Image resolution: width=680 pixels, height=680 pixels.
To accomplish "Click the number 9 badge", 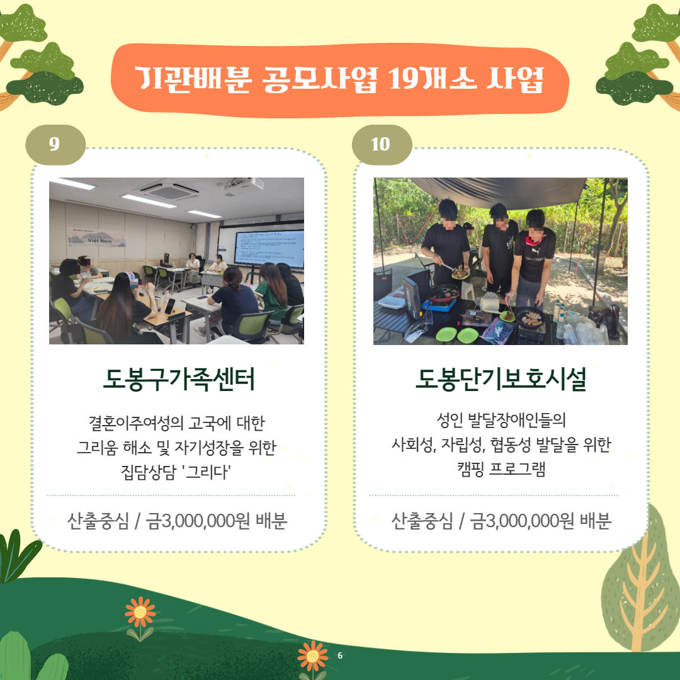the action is tap(55, 144).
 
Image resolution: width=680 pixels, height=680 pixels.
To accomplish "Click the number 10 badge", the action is tap(382, 144).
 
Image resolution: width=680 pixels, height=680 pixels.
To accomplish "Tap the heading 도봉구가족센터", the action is tap(178, 379).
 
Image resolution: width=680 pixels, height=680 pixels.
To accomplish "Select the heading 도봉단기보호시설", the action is tap(501, 379).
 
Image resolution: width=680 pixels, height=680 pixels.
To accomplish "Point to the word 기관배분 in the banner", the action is tap(193, 79).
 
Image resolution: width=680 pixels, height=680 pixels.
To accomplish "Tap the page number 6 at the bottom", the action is tap(340, 655).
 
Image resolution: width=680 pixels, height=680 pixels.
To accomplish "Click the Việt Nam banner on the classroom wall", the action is tap(97, 237).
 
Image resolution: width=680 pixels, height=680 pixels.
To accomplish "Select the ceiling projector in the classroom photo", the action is tap(244, 185).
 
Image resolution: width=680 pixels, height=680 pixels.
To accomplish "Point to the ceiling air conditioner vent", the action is tap(170, 191).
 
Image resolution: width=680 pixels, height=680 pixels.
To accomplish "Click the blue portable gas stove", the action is tap(439, 303).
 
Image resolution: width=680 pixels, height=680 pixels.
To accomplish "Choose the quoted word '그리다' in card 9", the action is tap(207, 472).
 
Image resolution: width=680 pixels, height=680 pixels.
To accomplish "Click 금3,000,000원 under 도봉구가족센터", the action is tap(198, 521).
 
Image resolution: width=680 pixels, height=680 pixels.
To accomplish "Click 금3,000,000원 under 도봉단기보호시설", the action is tap(522, 521).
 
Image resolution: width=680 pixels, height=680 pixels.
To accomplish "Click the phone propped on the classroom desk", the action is tap(169, 306).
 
